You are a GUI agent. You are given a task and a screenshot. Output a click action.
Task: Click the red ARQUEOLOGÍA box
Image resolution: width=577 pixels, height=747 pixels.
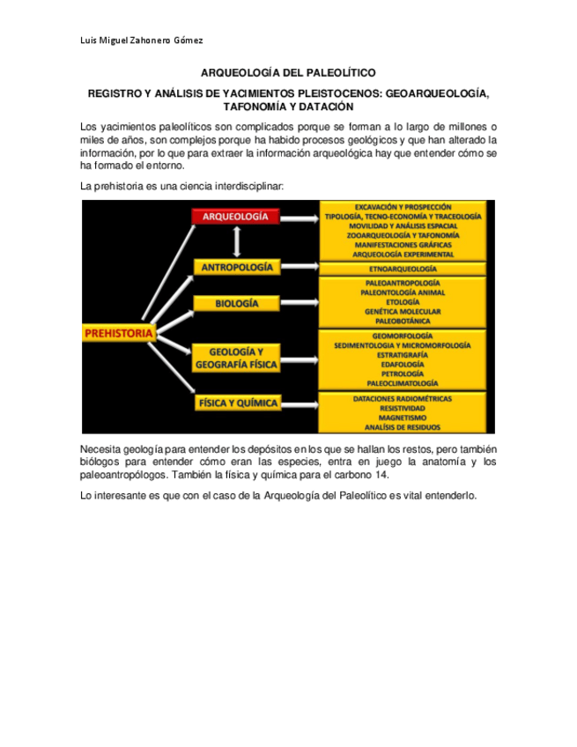tap(236, 216)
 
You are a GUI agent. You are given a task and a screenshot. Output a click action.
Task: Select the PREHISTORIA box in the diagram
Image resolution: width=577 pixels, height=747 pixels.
tap(119, 333)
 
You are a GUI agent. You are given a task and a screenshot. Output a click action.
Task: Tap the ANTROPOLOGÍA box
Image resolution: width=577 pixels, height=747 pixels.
tap(236, 267)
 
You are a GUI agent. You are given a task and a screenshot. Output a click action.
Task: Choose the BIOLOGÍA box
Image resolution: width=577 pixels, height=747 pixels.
tap(236, 303)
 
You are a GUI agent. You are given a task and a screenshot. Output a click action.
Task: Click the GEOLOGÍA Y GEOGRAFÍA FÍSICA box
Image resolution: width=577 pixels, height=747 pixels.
tap(236, 357)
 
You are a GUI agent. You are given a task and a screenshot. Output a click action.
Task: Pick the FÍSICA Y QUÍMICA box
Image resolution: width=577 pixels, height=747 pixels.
tap(236, 403)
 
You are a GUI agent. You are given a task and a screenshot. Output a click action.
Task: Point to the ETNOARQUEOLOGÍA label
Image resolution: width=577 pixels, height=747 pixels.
tap(403, 269)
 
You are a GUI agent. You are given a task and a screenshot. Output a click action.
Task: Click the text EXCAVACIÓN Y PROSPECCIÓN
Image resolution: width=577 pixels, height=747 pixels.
tap(403, 206)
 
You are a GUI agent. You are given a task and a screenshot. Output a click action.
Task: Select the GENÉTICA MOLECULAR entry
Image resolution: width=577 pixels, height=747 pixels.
tap(403, 311)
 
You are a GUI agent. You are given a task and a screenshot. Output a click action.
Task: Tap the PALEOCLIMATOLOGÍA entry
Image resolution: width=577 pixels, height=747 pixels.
tap(403, 383)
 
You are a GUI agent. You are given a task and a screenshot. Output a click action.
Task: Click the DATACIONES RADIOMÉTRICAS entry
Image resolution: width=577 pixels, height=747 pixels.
tap(403, 399)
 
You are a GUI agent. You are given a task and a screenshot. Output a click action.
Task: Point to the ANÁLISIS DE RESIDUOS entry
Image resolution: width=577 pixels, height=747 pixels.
tap(403, 427)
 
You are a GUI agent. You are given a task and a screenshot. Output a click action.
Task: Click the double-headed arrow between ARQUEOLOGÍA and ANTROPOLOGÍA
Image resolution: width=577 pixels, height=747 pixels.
tap(236, 241)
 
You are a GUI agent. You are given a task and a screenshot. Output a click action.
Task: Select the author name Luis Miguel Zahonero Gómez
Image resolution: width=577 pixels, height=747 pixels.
tap(142, 41)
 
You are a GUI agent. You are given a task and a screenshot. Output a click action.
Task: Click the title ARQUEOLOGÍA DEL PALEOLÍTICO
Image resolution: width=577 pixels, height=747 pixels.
tap(288, 77)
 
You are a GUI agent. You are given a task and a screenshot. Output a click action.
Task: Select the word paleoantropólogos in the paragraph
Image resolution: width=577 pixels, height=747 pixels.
tap(123, 474)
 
